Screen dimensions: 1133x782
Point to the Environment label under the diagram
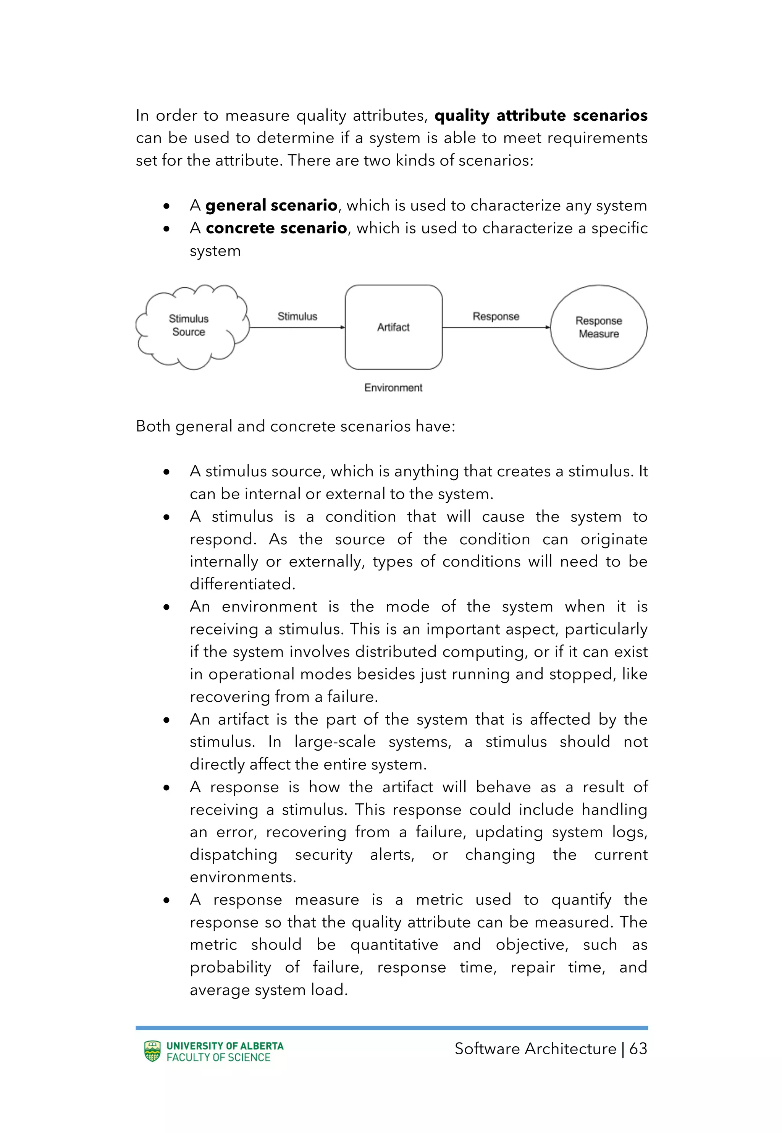[393, 388]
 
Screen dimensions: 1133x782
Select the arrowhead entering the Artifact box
[343, 327]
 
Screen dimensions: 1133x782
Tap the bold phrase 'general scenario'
[271, 206]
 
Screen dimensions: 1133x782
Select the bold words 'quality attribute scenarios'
[540, 116]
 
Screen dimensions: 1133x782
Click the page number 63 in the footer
[638, 1048]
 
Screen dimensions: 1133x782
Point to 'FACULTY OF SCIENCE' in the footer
[218, 1057]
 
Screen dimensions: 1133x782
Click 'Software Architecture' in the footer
[535, 1048]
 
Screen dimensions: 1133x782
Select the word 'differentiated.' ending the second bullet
[242, 584]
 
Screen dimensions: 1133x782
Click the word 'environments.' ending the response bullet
[243, 877]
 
